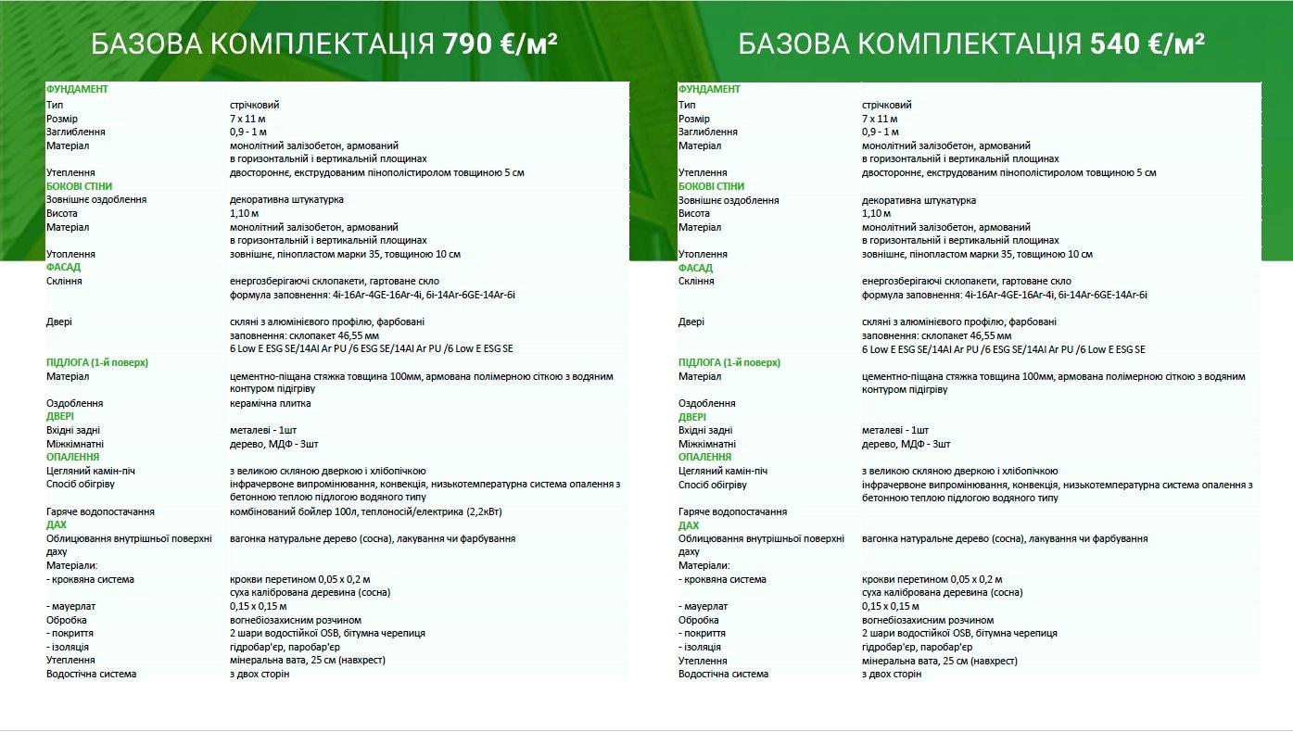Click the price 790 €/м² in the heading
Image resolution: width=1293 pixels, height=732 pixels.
click(x=501, y=44)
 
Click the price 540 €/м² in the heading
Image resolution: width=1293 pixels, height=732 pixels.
click(x=1147, y=44)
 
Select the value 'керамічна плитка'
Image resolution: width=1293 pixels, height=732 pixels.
click(x=271, y=403)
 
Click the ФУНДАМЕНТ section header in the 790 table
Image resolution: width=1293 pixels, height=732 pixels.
click(x=77, y=89)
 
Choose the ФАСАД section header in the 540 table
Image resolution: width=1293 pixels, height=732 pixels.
click(x=695, y=268)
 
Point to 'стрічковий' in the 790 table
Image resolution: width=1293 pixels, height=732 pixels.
click(x=254, y=105)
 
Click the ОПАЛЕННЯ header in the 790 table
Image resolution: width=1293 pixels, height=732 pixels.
click(x=72, y=457)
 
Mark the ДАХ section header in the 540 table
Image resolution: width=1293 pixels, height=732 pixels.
click(x=689, y=525)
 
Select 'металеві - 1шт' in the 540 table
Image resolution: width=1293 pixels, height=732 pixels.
click(x=894, y=430)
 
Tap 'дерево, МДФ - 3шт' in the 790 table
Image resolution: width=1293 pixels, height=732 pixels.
click(x=274, y=444)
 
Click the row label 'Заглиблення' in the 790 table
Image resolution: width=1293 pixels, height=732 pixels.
click(x=75, y=132)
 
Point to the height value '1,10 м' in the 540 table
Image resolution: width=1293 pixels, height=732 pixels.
click(x=876, y=213)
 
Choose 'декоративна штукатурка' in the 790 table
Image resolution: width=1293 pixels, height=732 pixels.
click(x=286, y=199)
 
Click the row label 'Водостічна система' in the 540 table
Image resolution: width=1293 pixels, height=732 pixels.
click(x=723, y=674)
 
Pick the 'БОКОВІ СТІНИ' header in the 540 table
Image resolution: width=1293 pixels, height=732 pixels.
click(x=712, y=186)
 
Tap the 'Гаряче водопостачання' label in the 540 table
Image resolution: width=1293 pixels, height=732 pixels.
click(x=732, y=511)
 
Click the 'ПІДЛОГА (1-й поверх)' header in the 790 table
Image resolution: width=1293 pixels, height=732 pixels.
click(x=97, y=362)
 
